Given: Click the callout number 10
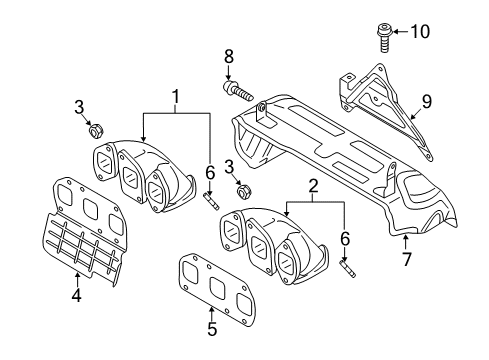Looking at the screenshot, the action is [420, 32].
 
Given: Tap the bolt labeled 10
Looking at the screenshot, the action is [384, 38].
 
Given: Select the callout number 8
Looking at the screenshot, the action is [229, 57].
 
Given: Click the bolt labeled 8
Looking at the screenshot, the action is [238, 89].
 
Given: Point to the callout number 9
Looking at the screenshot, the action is [427, 101].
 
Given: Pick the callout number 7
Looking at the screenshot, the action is [406, 259].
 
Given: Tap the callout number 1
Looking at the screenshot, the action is [175, 96].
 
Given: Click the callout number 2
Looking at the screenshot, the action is [312, 186].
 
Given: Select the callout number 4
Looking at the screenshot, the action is [77, 295].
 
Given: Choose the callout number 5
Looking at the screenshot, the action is [212, 328].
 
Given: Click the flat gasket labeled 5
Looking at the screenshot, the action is [218, 290].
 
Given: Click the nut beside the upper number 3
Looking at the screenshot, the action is [96, 131].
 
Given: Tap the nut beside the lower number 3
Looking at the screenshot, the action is [244, 192].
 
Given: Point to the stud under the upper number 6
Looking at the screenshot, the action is [211, 202].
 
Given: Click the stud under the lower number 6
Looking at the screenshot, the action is [348, 268].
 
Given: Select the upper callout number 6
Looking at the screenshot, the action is [210, 173].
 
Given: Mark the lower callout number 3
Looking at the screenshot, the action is [229, 167].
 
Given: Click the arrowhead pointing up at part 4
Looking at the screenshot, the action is [77, 275].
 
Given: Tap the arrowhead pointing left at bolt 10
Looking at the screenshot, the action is [396, 32].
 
